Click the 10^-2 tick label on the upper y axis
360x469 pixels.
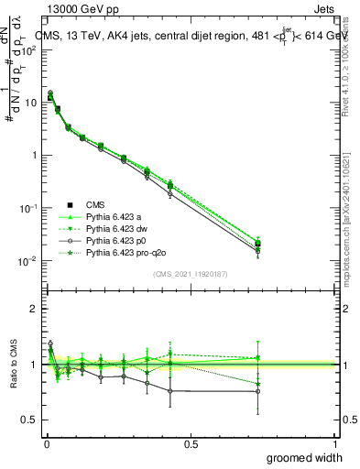pos(26,262)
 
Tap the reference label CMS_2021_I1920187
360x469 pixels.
pos(191,274)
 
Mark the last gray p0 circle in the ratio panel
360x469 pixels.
pos(257,391)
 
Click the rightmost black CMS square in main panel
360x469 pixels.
pos(257,244)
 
